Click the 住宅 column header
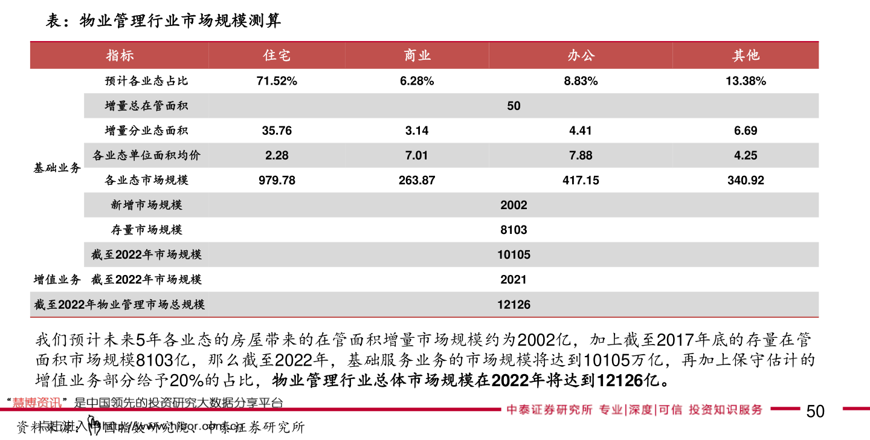point(277,56)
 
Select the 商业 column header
point(417,56)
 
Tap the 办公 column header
point(581,56)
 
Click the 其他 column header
point(746,56)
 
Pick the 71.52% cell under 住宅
point(277,81)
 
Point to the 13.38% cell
point(746,81)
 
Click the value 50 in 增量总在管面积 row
point(514,106)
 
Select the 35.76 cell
point(277,131)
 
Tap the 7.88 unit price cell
point(581,155)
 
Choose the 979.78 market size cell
point(277,180)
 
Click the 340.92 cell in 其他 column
point(746,180)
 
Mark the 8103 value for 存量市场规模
point(514,230)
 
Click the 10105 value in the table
point(514,255)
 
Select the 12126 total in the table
point(514,305)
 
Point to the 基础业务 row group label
point(57,168)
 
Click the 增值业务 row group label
point(57,280)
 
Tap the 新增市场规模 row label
point(146,205)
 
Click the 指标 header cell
point(120,56)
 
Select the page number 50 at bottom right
point(815,412)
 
